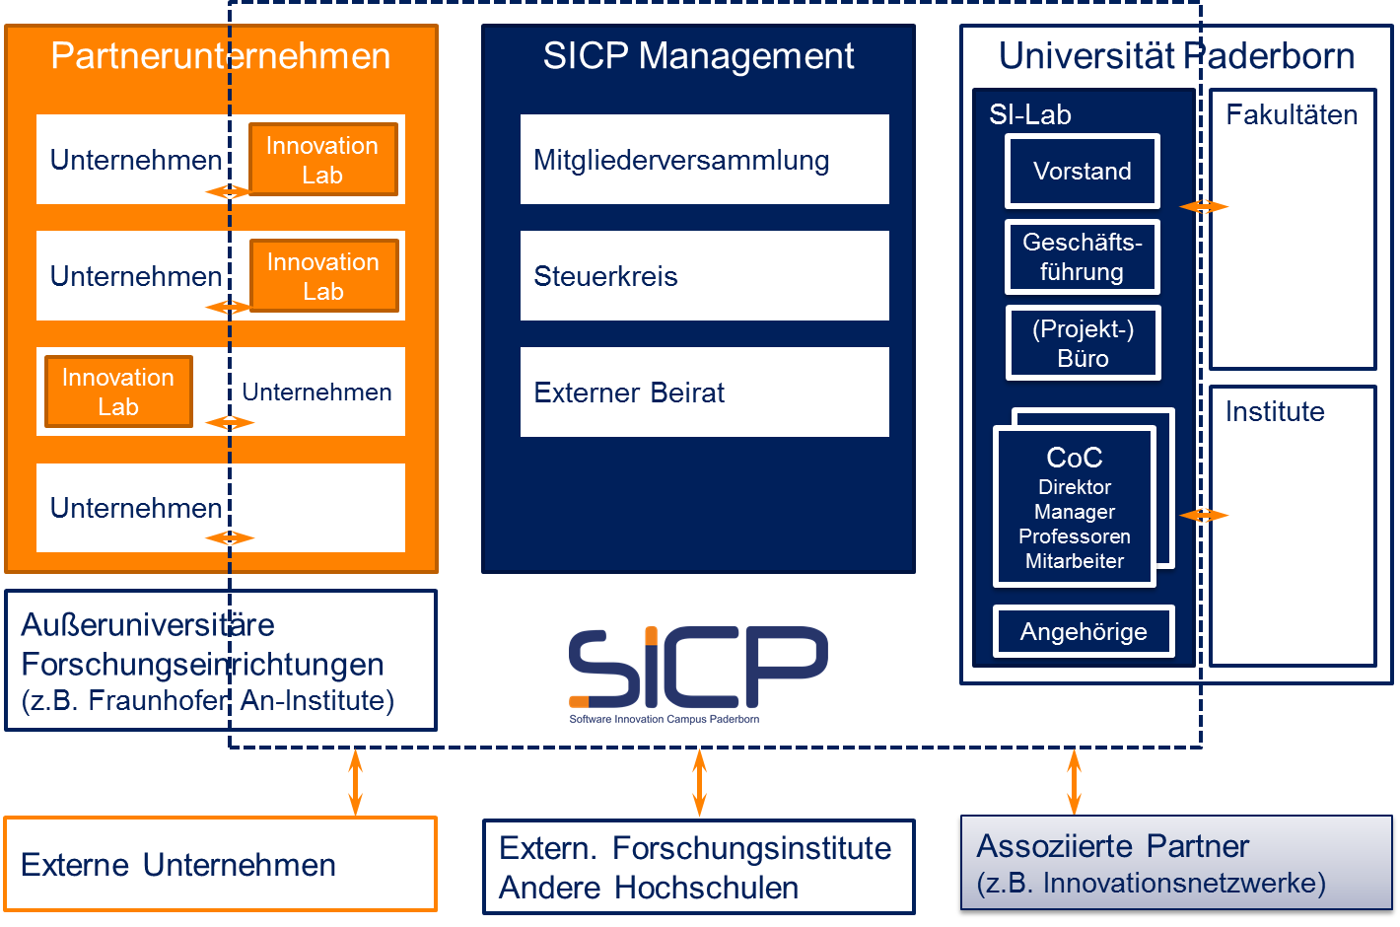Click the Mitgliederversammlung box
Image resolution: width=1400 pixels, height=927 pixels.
(704, 160)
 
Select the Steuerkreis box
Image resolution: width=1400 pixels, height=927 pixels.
(704, 276)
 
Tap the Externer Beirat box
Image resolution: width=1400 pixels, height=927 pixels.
(704, 392)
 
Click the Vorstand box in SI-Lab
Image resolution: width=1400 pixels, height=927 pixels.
(1083, 172)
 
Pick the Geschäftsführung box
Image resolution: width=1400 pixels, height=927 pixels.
(1083, 257)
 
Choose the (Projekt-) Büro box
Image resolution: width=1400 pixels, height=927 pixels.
(1084, 343)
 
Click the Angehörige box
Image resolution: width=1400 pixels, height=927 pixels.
(1084, 631)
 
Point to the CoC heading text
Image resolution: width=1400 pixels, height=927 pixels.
(1075, 458)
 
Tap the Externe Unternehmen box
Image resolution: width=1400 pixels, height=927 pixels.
(221, 864)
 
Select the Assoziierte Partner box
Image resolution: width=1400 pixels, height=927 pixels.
(1177, 863)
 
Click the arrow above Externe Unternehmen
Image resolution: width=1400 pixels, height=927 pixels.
(356, 783)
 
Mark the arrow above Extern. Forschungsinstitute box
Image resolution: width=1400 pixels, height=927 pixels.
(699, 783)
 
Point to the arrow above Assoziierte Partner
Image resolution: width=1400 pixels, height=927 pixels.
(1075, 782)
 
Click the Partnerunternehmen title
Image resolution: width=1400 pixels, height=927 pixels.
(221, 55)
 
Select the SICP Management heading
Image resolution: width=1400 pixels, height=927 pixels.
(698, 55)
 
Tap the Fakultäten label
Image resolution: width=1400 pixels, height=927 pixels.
(1292, 115)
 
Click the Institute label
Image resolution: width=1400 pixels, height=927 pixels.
(1275, 412)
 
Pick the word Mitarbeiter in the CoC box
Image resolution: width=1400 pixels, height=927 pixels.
(1075, 561)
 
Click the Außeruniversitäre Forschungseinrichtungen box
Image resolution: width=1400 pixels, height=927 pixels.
(221, 660)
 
